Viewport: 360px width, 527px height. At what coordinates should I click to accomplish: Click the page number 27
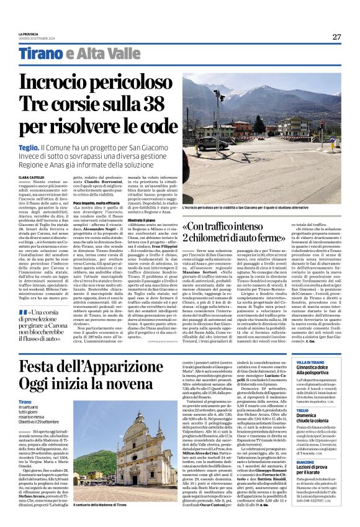click(336, 37)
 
